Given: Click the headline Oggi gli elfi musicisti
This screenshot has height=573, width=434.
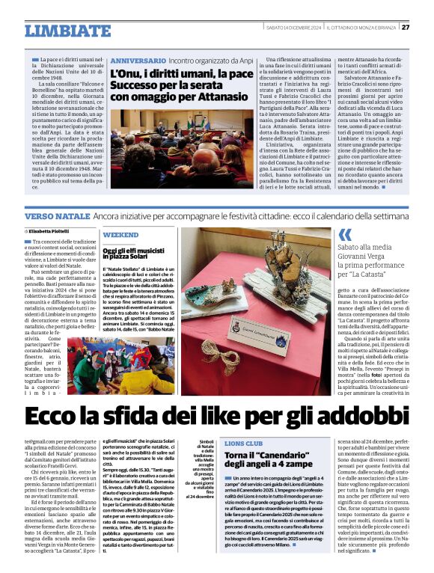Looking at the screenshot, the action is (x=143, y=251).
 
